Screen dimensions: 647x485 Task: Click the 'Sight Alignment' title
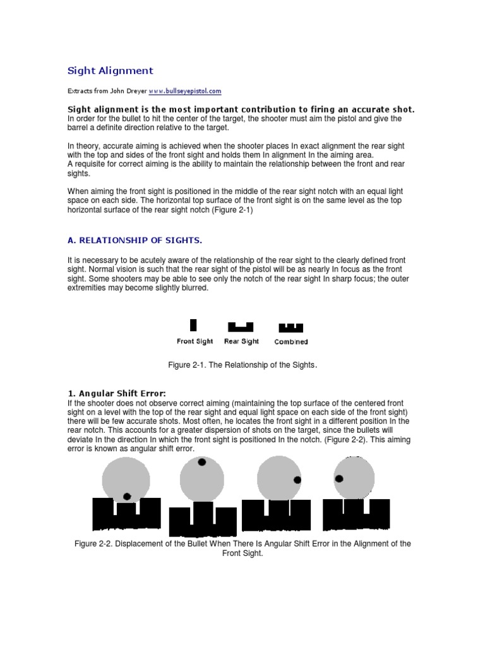point(111,71)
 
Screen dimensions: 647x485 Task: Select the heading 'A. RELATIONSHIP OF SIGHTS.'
point(135,240)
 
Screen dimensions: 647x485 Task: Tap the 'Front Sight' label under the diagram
point(195,341)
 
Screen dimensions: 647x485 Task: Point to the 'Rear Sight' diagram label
point(241,341)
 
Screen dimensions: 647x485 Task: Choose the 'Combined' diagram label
point(291,342)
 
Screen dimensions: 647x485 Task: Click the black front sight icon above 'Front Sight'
point(193,325)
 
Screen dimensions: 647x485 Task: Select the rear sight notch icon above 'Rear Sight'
point(241,327)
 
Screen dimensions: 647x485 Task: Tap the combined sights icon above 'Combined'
point(291,328)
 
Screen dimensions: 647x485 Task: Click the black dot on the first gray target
point(127,497)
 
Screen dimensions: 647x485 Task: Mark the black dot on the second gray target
point(201,463)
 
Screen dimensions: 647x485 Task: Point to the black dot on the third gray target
point(297,480)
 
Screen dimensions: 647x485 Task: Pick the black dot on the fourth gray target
point(339,479)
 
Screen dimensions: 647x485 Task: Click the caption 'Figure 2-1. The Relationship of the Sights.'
point(242,365)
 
